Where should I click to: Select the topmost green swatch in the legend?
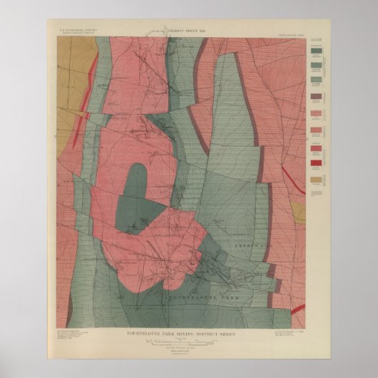[315, 51]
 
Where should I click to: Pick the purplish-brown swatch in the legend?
[315, 97]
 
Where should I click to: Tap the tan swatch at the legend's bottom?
[315, 179]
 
